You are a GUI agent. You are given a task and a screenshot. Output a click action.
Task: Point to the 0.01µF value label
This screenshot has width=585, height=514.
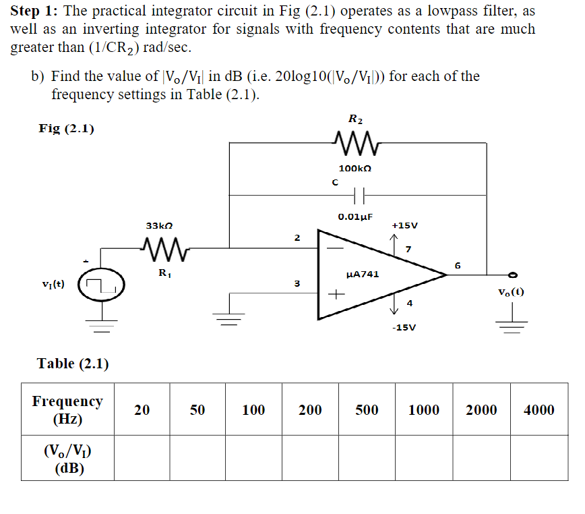click(x=355, y=217)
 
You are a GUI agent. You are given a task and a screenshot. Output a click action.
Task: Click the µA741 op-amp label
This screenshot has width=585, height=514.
click(x=362, y=275)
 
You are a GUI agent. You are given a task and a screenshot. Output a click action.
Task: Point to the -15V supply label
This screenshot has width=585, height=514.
click(x=404, y=327)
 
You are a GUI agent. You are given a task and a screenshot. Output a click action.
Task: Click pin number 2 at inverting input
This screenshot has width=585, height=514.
click(x=297, y=237)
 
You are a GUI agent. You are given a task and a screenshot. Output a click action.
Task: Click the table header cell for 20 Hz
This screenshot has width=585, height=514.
click(x=142, y=409)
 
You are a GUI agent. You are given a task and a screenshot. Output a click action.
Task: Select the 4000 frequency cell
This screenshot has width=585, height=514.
click(x=538, y=409)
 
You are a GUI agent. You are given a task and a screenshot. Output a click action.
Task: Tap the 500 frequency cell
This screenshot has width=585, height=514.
click(x=367, y=409)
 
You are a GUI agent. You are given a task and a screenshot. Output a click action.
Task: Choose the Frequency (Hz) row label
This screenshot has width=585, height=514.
click(x=67, y=409)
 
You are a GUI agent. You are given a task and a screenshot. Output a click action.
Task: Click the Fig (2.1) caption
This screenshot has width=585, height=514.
click(x=66, y=128)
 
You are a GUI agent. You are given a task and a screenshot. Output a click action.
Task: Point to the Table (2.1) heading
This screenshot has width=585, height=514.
click(x=73, y=364)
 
